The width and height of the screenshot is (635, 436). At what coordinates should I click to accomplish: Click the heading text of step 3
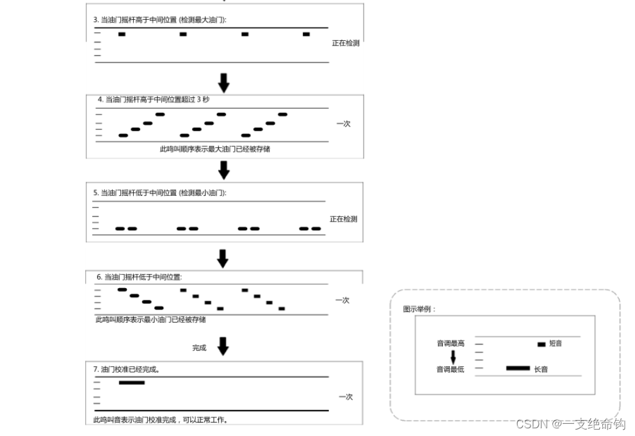(160, 20)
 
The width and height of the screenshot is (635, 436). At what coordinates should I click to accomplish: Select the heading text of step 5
(160, 193)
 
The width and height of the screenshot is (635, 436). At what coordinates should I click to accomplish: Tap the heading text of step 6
(140, 277)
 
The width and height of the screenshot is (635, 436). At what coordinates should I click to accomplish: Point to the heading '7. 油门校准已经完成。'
(127, 369)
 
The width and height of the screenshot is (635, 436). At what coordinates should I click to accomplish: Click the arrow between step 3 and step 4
(223, 82)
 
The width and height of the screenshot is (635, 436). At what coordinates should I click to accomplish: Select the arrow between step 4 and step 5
(223, 170)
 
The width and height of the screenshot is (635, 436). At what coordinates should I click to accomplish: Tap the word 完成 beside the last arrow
(200, 348)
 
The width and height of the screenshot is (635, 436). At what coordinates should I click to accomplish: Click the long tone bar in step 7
(132, 383)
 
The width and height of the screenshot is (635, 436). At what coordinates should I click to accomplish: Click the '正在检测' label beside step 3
(346, 44)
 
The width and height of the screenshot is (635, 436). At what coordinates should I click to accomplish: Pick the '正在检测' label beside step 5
(343, 219)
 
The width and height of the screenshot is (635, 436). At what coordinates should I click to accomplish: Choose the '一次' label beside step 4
(343, 124)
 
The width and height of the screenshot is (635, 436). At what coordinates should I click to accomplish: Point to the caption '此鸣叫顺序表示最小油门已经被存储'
(150, 319)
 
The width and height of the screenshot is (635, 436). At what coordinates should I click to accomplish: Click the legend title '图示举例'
(419, 309)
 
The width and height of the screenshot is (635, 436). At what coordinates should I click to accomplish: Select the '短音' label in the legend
(556, 344)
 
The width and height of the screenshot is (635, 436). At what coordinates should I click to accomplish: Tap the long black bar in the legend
(518, 368)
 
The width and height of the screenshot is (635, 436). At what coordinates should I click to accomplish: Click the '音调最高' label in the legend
(451, 344)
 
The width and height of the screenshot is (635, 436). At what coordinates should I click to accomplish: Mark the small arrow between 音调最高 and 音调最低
(453, 357)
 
